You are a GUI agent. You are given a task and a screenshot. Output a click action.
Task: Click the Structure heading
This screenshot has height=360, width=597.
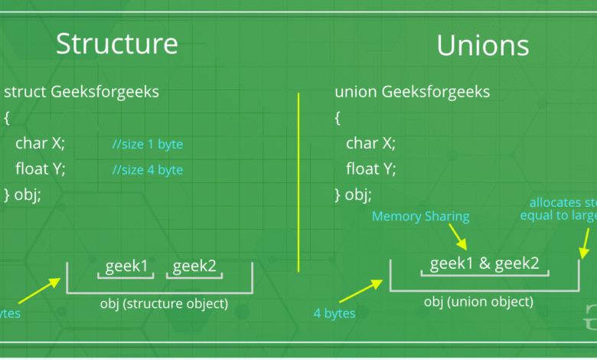[117, 43]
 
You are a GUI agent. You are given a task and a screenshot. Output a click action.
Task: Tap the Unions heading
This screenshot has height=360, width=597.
[483, 45]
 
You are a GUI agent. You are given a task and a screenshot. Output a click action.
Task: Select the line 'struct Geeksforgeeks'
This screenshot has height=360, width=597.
[82, 93]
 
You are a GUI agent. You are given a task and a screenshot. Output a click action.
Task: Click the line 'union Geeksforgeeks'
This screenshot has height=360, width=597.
[413, 93]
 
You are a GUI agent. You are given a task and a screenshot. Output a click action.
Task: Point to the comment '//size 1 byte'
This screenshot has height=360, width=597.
[148, 144]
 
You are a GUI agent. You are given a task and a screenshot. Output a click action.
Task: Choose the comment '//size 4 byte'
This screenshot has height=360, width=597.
[148, 169]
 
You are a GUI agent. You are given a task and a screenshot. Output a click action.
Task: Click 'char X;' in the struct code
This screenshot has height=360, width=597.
[40, 143]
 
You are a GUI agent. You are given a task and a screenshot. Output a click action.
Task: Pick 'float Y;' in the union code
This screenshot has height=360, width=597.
[370, 169]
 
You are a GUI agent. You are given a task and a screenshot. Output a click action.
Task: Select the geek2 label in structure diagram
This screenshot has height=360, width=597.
[194, 266]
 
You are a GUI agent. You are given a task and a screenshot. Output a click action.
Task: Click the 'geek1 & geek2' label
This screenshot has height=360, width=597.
[484, 263]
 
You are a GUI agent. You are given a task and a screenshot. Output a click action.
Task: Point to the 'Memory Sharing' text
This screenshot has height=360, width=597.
[420, 216]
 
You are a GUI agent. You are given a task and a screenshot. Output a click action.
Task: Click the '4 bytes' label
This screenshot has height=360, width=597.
[333, 313]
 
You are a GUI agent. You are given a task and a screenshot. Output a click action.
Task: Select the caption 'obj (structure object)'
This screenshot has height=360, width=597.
[164, 303]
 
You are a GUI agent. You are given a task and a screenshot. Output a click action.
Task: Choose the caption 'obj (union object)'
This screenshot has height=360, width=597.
[479, 302]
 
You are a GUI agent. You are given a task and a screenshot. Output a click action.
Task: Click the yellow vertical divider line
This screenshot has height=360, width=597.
[298, 182]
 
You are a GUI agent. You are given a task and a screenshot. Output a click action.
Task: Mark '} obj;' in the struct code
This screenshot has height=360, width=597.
[23, 195]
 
